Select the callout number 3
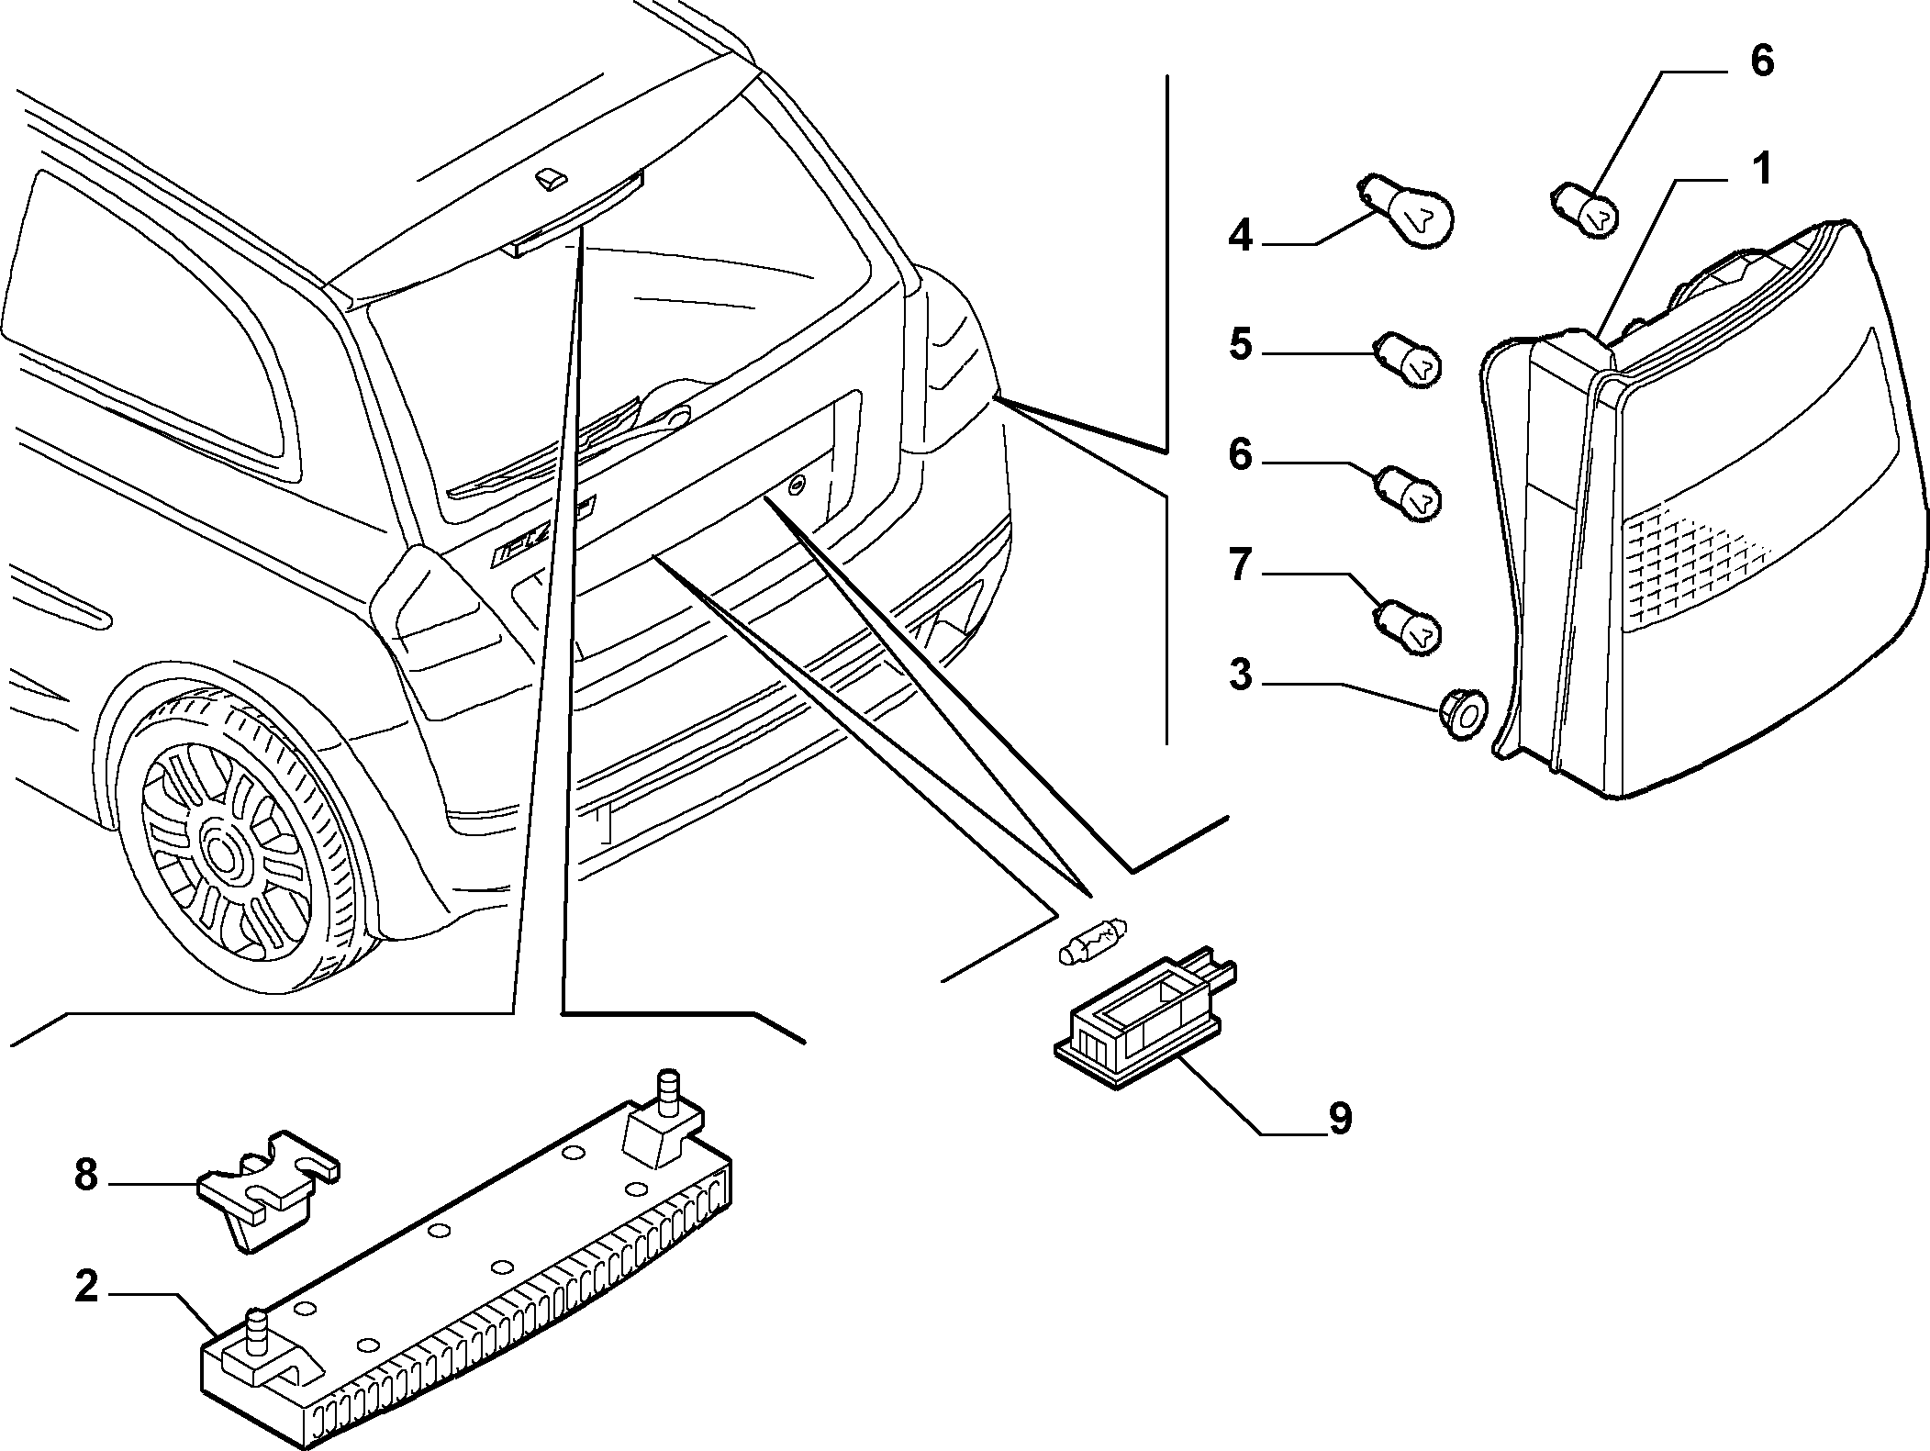coord(1240,675)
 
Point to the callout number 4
coord(1240,236)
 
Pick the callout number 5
coord(1240,346)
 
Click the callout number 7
coord(1240,566)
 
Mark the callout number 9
coord(1341,1119)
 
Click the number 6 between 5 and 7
coord(1240,456)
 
